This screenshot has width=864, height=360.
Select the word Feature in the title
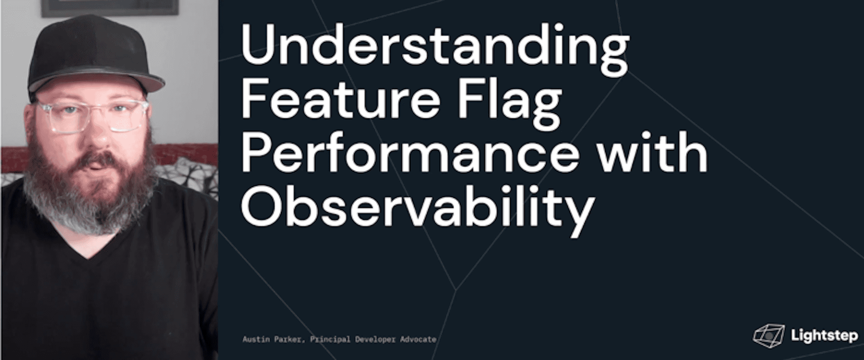tap(340, 102)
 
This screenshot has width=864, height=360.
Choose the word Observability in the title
tap(417, 210)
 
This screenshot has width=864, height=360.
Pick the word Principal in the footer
tap(330, 340)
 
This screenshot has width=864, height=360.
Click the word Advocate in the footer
tap(418, 340)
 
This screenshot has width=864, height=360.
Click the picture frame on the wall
tap(110, 8)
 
